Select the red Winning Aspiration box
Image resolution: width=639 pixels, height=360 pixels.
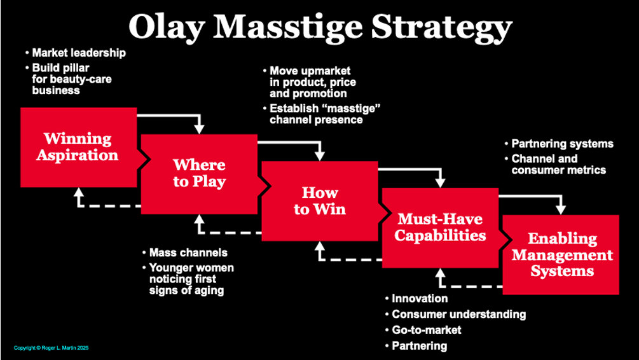(x=78, y=146)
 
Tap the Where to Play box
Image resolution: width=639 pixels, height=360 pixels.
(x=199, y=173)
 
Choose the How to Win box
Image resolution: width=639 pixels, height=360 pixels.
(x=320, y=200)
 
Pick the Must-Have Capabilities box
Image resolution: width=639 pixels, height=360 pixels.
(x=440, y=227)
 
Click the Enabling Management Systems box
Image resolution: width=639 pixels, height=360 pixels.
(x=561, y=254)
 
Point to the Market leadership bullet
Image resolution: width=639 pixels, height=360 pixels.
(x=79, y=53)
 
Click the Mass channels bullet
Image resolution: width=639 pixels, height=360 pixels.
(x=188, y=253)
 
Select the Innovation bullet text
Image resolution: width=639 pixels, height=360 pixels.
(x=420, y=298)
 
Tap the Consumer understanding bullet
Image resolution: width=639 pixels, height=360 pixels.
(x=458, y=314)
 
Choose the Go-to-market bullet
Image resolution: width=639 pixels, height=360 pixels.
(x=426, y=330)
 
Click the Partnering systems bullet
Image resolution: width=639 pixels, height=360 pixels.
(x=562, y=143)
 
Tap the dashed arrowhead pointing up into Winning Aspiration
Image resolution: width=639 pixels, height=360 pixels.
(x=79, y=194)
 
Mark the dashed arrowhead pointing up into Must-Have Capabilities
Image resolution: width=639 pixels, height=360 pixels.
(x=440, y=273)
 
